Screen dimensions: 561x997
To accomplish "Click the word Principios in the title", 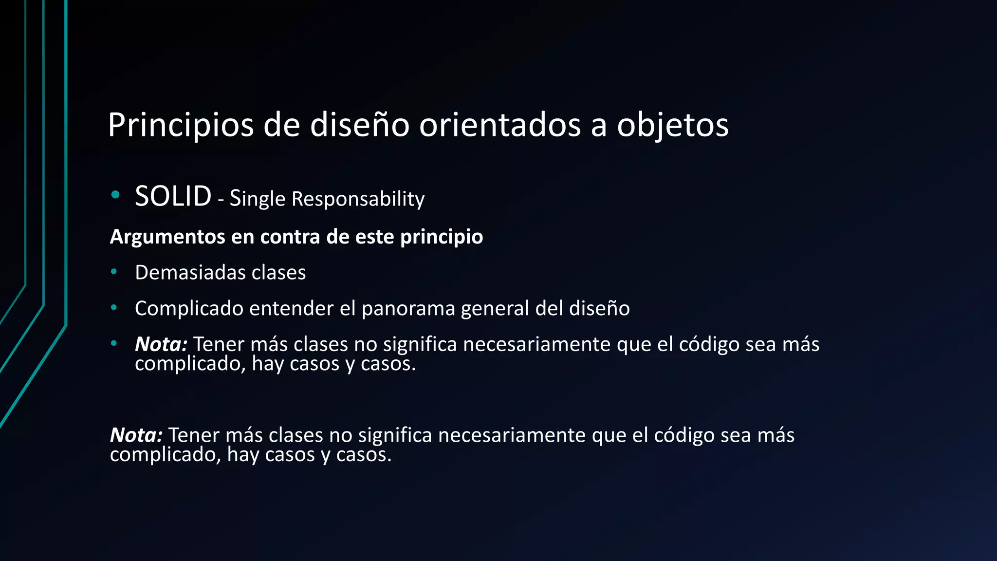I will pyautogui.click(x=181, y=126).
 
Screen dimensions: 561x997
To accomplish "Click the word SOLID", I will pyautogui.click(x=173, y=196).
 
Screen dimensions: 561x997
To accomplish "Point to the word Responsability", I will pyautogui.click(x=358, y=199).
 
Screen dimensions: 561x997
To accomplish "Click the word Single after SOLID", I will pyautogui.click(x=257, y=199).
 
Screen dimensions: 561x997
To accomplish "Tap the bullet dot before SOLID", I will pyautogui.click(x=115, y=195).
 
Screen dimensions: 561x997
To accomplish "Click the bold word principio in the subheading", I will pyautogui.click(x=441, y=237).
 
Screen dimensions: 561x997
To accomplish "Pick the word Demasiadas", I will pyautogui.click(x=186, y=273).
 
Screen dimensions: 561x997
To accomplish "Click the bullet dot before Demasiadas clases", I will pyautogui.click(x=114, y=272).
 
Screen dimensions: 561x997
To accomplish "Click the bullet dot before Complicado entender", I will pyautogui.click(x=114, y=307).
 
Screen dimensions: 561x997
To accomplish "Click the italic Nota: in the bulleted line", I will pyautogui.click(x=161, y=344).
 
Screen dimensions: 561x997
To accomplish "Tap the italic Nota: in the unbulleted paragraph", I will pyautogui.click(x=136, y=435).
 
